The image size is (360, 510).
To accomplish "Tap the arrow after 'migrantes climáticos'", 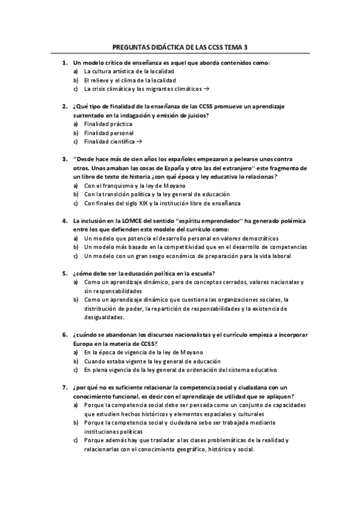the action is tap(206, 88).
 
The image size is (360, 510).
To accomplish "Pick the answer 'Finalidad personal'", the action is tap(109, 133).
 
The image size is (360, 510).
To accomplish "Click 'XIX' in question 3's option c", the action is tap(144, 203).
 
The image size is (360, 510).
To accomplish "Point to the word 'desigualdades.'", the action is tap(105, 318).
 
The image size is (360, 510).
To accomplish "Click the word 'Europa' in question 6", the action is tap(84, 344).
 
